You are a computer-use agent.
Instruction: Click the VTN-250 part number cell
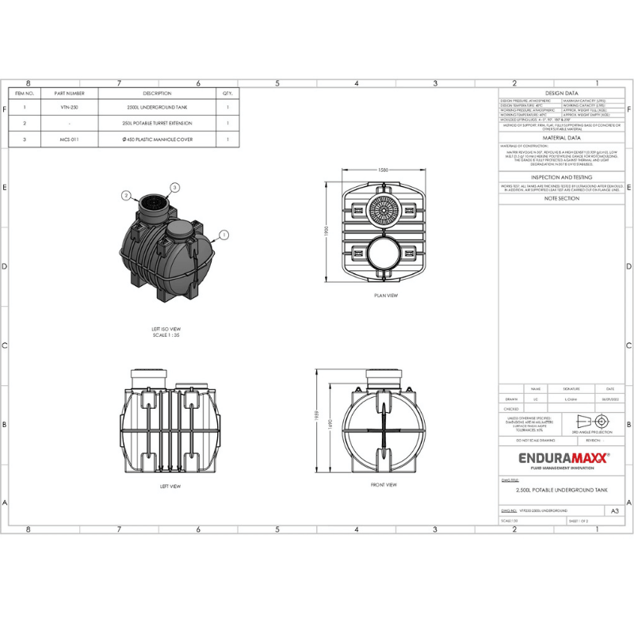tap(69, 107)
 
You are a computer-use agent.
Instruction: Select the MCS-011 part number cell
tap(69, 139)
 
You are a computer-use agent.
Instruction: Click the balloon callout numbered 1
tap(224, 235)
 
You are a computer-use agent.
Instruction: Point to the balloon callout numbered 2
tap(126, 194)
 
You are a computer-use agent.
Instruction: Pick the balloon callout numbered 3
tap(175, 186)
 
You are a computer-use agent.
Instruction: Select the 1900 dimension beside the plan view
tap(327, 229)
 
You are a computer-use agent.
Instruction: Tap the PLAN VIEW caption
tap(386, 296)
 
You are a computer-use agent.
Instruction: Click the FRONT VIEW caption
tap(384, 484)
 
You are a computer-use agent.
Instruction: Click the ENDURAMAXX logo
tap(553, 457)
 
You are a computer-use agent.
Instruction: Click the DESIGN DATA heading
tap(563, 93)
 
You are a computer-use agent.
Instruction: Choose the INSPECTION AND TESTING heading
tap(562, 178)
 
